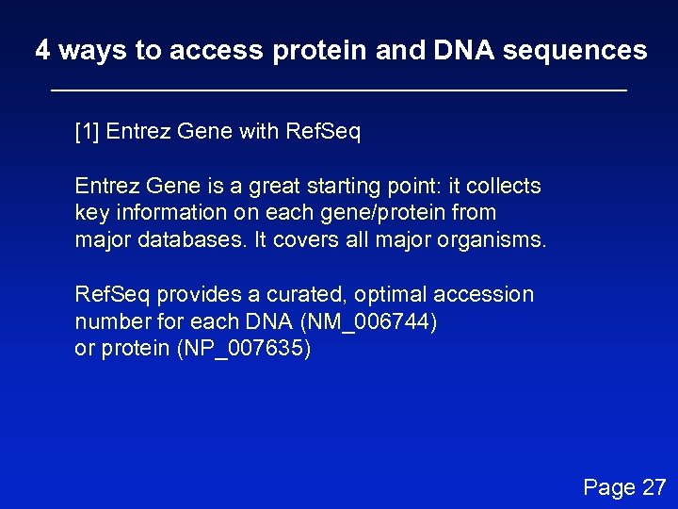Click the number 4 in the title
(x=42, y=50)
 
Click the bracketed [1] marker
(x=88, y=131)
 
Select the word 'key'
(x=90, y=213)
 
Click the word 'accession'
(x=484, y=294)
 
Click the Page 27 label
(x=624, y=487)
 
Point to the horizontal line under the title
(x=338, y=90)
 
